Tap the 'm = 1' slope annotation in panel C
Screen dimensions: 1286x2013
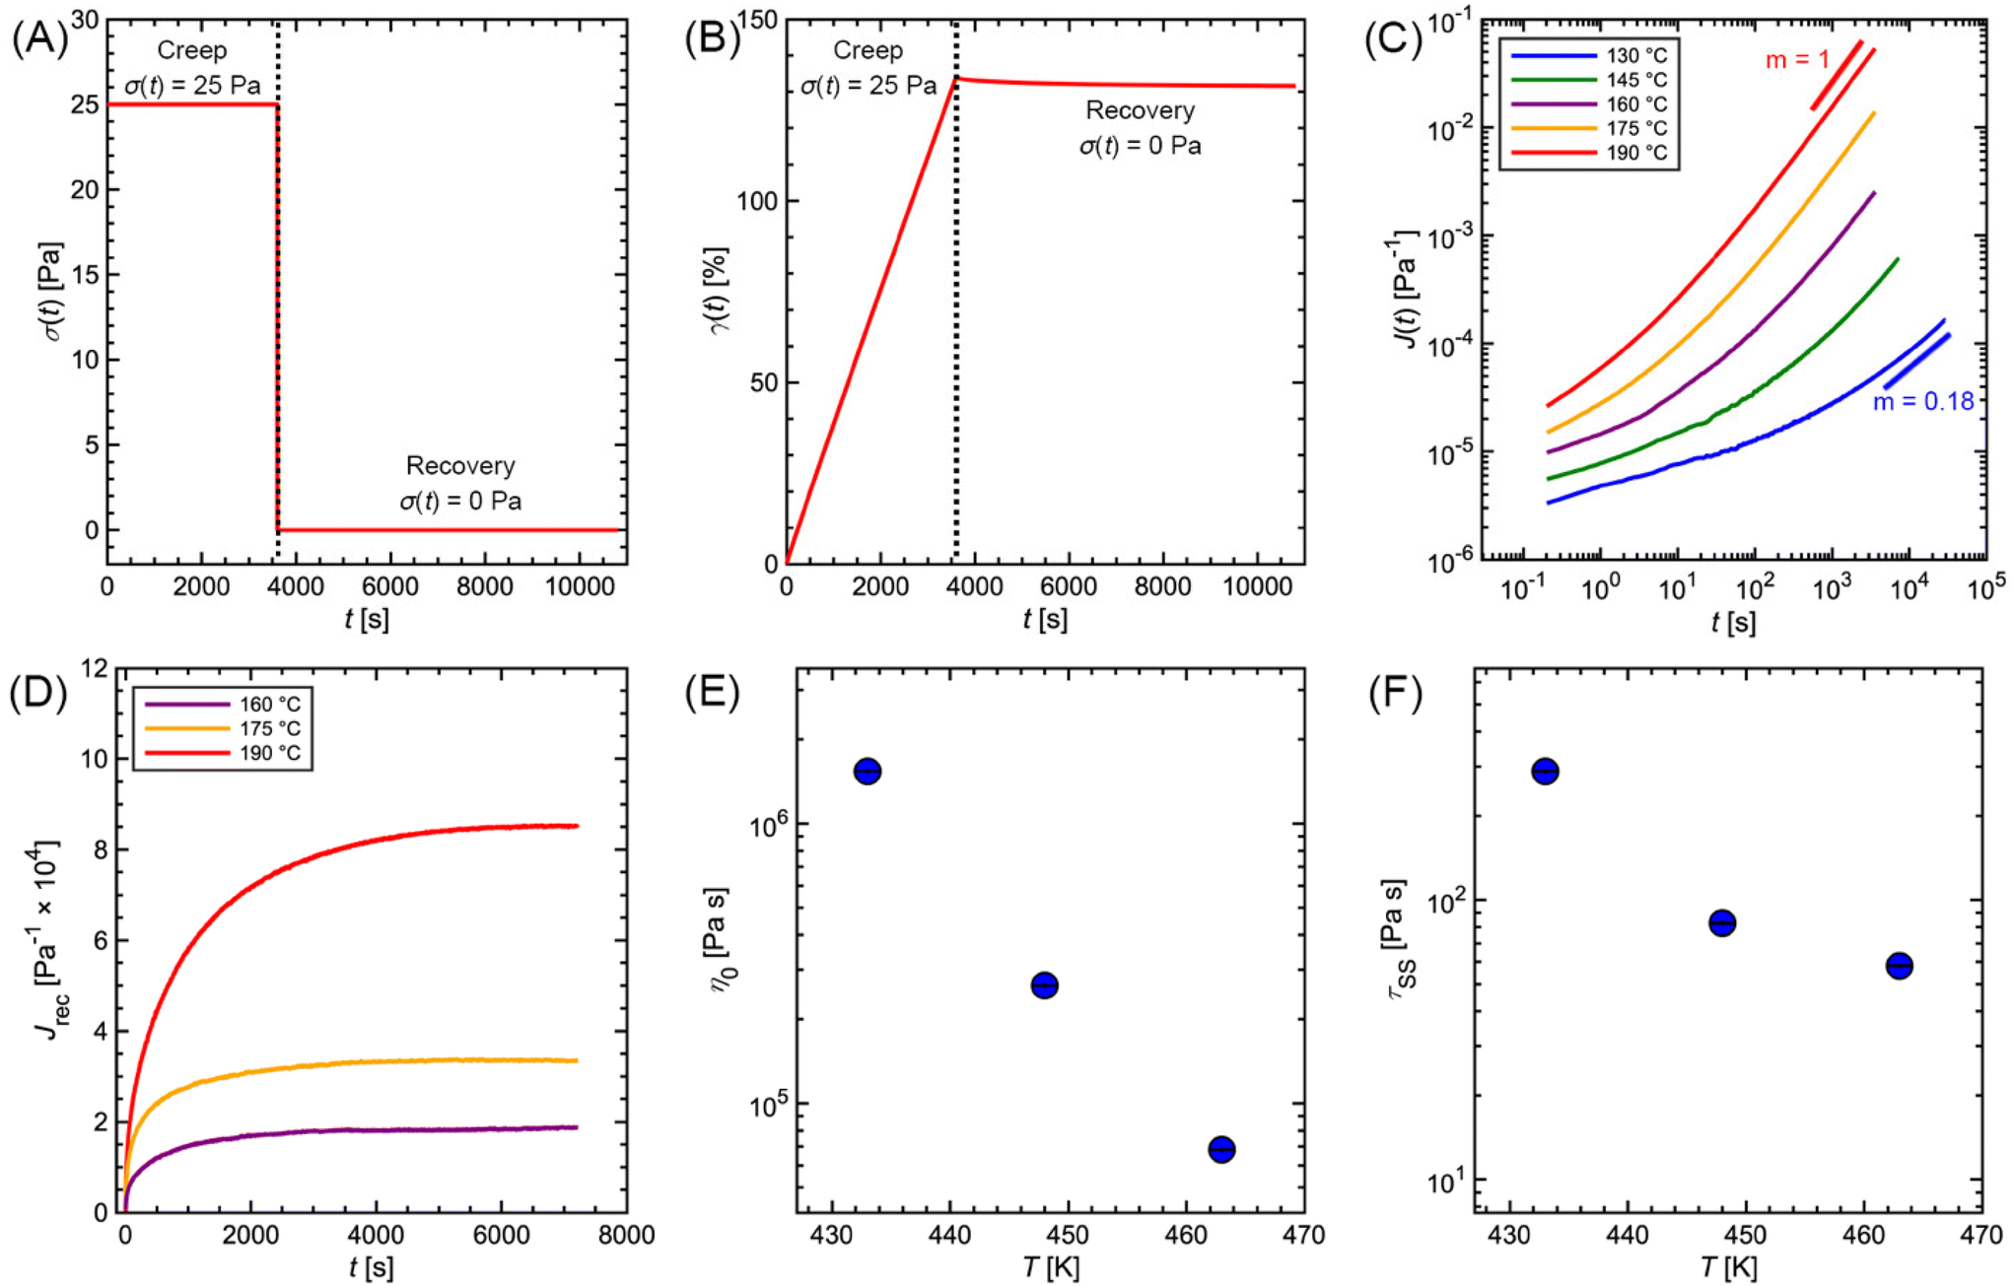1796,60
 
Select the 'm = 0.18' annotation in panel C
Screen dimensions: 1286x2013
1922,401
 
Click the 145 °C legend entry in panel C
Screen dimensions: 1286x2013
1636,80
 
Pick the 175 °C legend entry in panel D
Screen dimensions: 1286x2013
269,729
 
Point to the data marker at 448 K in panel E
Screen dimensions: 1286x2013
1044,984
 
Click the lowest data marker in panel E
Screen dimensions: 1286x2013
1221,1149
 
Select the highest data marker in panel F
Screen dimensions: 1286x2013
1545,771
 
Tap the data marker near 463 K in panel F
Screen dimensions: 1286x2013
1899,966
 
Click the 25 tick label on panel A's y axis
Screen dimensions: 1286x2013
85,104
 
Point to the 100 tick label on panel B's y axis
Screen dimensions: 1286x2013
756,201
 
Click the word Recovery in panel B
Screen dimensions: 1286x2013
1140,110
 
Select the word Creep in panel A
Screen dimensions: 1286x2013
191,50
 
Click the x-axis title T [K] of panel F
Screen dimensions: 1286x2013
1728,1267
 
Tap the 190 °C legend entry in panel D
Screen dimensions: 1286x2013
269,754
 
